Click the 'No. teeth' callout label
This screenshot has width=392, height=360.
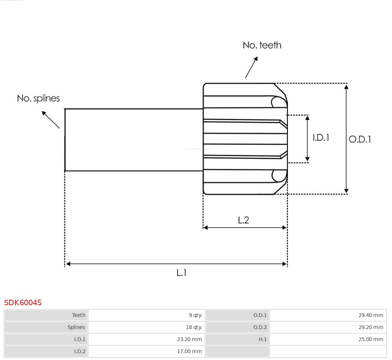point(262,45)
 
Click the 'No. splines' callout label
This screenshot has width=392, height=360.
point(38,98)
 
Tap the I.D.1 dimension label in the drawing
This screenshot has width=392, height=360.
point(321,138)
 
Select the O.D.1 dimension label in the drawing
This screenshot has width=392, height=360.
point(360,139)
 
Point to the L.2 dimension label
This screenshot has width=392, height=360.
point(243,220)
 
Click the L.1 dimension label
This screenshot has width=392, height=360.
point(181,273)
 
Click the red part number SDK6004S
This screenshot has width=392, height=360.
point(23,303)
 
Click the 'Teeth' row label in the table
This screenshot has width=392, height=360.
point(78,315)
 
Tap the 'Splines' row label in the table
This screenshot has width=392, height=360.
point(76,327)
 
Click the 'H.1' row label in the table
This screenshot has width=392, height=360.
point(262,339)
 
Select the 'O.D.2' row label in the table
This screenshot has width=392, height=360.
point(260,327)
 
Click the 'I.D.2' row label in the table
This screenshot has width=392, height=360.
point(79,352)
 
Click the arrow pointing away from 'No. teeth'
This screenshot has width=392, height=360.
point(251,68)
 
